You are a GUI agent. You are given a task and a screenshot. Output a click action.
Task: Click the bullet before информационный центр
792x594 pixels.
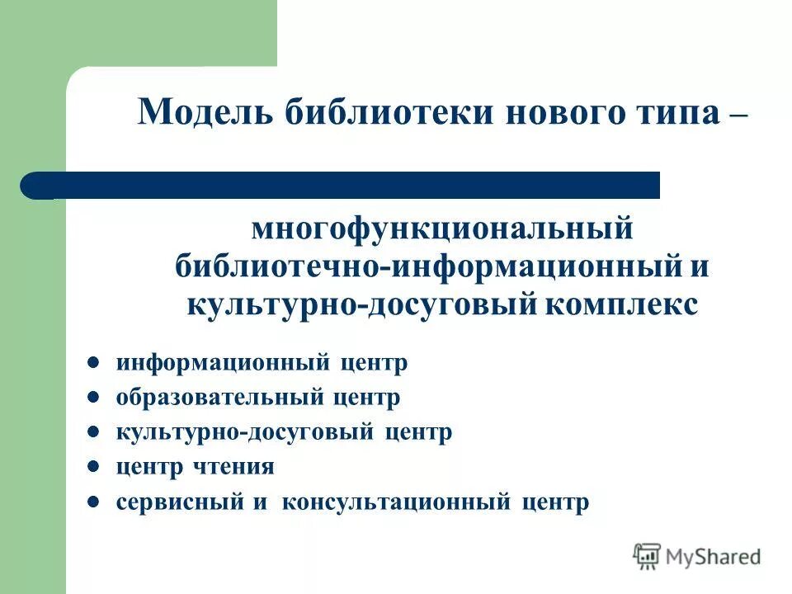point(94,362)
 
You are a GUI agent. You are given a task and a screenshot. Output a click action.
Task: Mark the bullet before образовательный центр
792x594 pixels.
point(94,397)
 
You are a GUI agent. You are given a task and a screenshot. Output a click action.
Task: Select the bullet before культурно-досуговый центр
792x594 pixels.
point(94,431)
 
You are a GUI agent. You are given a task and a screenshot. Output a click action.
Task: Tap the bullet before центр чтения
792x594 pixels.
point(94,466)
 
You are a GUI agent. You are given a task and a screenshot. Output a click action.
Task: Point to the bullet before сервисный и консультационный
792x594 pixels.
point(94,501)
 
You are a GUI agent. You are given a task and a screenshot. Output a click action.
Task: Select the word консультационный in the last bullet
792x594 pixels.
point(396,502)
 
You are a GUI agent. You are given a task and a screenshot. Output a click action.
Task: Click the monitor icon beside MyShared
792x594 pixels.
point(647,556)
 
